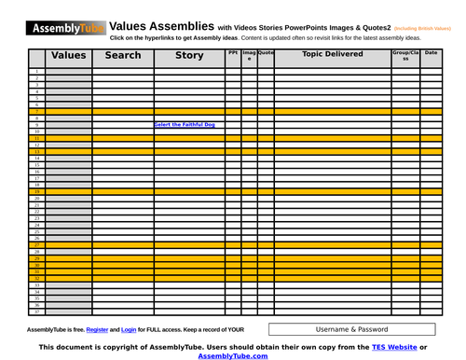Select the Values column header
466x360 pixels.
pyautogui.click(x=69, y=56)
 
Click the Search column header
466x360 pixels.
pyautogui.click(x=123, y=56)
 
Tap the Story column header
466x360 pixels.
pyautogui.click(x=189, y=56)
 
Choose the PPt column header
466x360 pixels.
pyautogui.click(x=233, y=53)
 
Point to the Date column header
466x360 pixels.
pyautogui.click(x=431, y=53)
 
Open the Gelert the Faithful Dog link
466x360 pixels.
pyautogui.click(x=185, y=124)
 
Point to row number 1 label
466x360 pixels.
pyautogui.click(x=36, y=71)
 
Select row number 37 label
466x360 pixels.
pyautogui.click(x=36, y=312)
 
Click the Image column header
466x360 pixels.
pyautogui.click(x=249, y=56)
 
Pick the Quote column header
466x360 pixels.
pyautogui.click(x=266, y=53)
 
